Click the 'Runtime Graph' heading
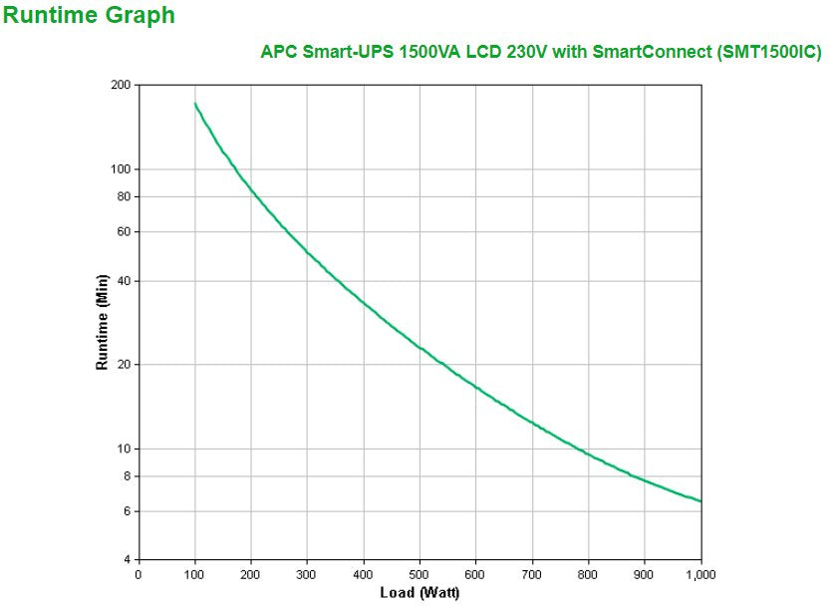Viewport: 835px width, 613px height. coord(89,15)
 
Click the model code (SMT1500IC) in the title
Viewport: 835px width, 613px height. coord(768,52)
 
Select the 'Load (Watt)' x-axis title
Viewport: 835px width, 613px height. coord(419,593)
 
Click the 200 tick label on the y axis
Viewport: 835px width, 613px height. coord(122,86)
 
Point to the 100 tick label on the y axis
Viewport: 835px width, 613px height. coord(122,169)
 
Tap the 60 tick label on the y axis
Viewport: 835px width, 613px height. coord(125,231)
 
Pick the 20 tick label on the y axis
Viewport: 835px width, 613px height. coord(125,365)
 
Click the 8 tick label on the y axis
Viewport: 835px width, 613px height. coord(128,475)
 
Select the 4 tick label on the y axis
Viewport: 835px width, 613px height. coord(128,559)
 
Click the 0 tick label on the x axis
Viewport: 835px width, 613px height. coord(138,574)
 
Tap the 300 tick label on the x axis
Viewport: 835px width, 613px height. coord(307,574)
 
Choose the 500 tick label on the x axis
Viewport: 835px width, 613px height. coord(419,574)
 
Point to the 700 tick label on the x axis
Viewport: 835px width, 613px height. coord(532,574)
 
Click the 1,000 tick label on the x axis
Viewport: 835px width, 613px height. coord(700,574)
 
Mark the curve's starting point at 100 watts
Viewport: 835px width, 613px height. coord(194,103)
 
